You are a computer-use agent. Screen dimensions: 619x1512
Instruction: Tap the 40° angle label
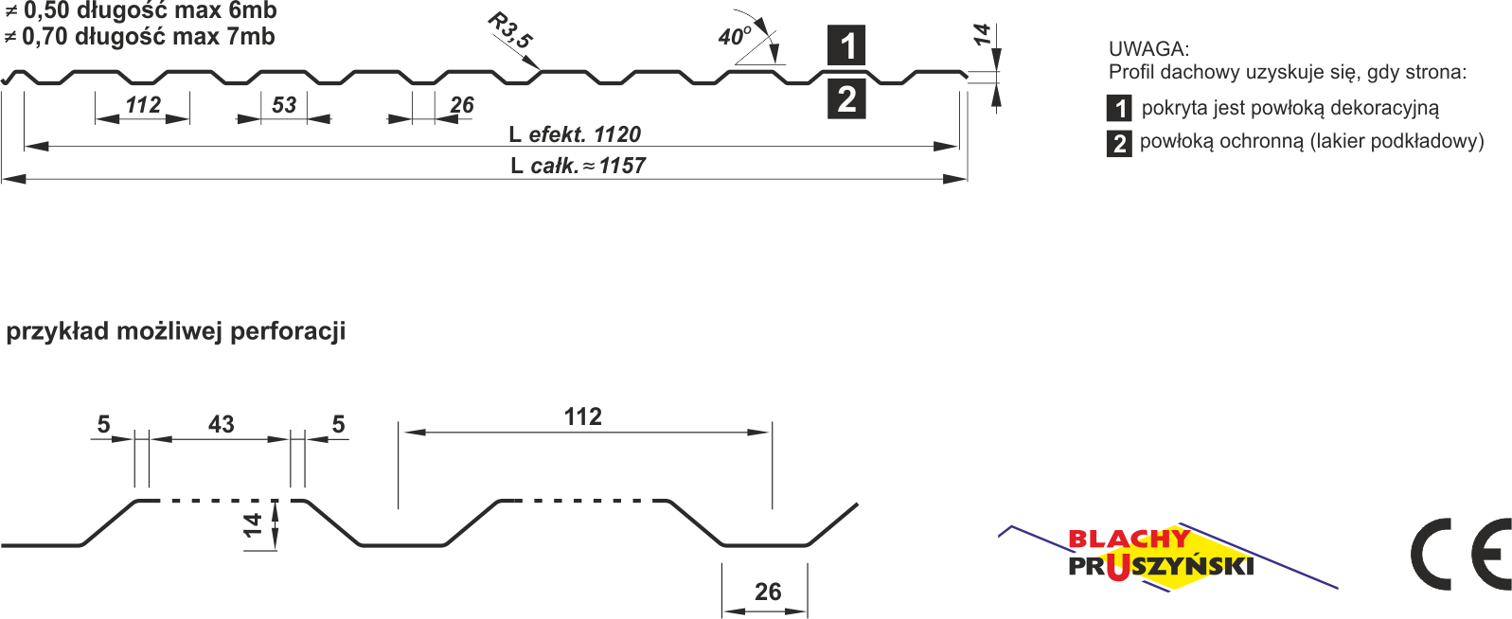734,37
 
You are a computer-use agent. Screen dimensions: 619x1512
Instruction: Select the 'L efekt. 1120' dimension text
575,134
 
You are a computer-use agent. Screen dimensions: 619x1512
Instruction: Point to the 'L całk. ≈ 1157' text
578,166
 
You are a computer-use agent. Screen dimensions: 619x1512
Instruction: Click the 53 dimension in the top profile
284,105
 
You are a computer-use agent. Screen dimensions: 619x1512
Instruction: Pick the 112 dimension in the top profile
143,105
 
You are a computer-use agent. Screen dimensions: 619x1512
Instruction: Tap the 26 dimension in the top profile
461,105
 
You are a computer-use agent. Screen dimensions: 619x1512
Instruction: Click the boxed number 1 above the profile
846,45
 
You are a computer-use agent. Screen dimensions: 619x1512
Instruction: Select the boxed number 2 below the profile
846,98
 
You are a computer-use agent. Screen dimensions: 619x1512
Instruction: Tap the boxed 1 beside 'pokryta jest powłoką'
1119,108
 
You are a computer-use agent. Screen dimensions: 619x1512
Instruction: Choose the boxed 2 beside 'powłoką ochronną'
1119,143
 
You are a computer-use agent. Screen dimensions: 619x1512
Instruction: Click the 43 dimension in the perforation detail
221,424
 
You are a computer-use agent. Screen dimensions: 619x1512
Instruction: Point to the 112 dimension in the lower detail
582,416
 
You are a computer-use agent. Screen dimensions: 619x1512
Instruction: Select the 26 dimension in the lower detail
767,592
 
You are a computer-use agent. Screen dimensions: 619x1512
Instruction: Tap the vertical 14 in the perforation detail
253,524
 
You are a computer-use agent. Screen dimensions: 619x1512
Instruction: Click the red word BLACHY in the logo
1128,539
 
